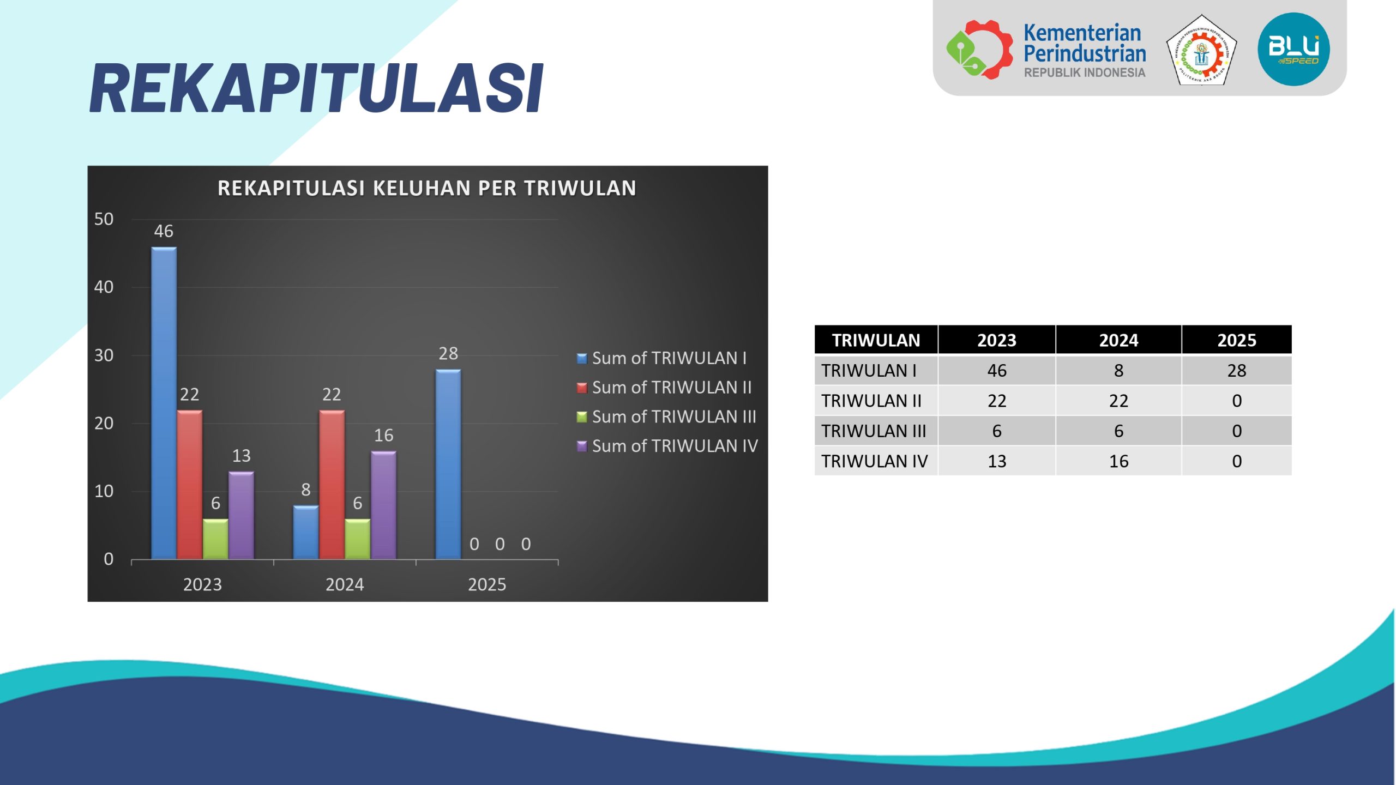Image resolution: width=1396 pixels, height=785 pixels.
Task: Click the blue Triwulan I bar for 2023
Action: [x=164, y=403]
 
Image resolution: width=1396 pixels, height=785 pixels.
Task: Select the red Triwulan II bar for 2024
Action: [x=332, y=485]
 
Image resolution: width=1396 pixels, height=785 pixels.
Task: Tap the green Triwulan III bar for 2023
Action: [x=215, y=539]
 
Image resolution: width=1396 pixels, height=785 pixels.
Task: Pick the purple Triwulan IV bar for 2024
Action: [x=383, y=505]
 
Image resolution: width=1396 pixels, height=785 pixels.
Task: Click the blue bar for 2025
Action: [x=448, y=464]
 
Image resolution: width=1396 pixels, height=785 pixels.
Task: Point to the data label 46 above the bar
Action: [x=164, y=231]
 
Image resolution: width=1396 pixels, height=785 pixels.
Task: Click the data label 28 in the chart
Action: [x=448, y=353]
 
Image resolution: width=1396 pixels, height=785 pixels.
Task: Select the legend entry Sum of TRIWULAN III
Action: [x=666, y=416]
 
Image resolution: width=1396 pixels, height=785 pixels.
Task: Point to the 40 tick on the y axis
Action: [x=104, y=287]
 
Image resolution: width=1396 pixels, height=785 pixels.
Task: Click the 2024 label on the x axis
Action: [x=345, y=584]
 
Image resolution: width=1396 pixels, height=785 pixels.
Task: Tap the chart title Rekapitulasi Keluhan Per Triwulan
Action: [x=427, y=188]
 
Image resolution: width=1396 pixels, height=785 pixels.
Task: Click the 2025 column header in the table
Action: [x=1236, y=340]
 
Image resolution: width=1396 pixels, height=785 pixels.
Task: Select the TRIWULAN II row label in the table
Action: [x=871, y=401]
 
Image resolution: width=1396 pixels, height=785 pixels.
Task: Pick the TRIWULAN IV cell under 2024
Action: [x=1118, y=461]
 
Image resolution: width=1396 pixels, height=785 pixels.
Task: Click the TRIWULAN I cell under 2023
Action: [x=997, y=371]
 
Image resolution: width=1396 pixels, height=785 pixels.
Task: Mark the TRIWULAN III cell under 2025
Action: [x=1236, y=431]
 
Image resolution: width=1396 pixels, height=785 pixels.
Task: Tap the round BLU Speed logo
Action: [x=1293, y=49]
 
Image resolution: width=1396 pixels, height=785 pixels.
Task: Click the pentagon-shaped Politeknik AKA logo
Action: [x=1201, y=50]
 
